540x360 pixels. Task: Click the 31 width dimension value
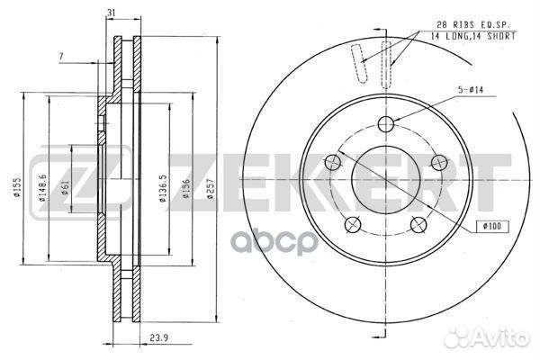click(x=111, y=13)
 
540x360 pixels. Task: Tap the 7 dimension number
click(x=61, y=57)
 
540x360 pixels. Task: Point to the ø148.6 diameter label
click(x=42, y=187)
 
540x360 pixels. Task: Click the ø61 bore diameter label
click(x=66, y=187)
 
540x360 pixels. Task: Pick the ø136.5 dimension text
click(x=163, y=188)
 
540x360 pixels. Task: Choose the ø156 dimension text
click(x=186, y=188)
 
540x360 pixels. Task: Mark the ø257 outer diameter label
click(x=211, y=188)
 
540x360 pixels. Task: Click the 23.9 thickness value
click(x=158, y=337)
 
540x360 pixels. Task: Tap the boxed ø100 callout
click(x=492, y=226)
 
